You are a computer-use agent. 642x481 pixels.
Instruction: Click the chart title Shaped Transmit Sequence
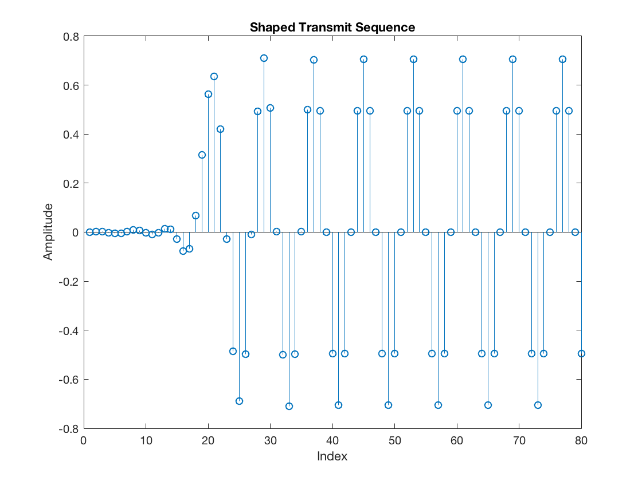point(332,27)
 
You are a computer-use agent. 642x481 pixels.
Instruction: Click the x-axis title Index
point(332,456)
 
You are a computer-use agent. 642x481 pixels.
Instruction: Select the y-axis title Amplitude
point(48,232)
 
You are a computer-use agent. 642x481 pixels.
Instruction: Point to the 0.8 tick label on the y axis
point(71,36)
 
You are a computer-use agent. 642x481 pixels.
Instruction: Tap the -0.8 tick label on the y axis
point(69,428)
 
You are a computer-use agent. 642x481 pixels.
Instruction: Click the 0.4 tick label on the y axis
point(71,134)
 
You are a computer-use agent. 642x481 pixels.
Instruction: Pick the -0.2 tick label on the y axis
point(69,281)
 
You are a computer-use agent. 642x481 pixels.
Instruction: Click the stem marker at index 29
point(264,58)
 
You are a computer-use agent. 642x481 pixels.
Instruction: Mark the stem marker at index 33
point(289,406)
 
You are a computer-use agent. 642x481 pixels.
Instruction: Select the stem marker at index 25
point(239,401)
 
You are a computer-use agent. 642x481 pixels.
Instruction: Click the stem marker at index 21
point(214,76)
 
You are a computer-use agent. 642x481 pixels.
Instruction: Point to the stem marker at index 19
point(202,155)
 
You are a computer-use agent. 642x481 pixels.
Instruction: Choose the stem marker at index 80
point(581,353)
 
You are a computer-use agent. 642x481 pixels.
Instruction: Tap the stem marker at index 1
point(89,232)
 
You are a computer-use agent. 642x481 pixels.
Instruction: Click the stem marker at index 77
point(562,59)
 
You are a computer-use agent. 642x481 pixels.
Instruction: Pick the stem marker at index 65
point(488,405)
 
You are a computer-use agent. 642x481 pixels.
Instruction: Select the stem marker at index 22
point(220,129)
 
